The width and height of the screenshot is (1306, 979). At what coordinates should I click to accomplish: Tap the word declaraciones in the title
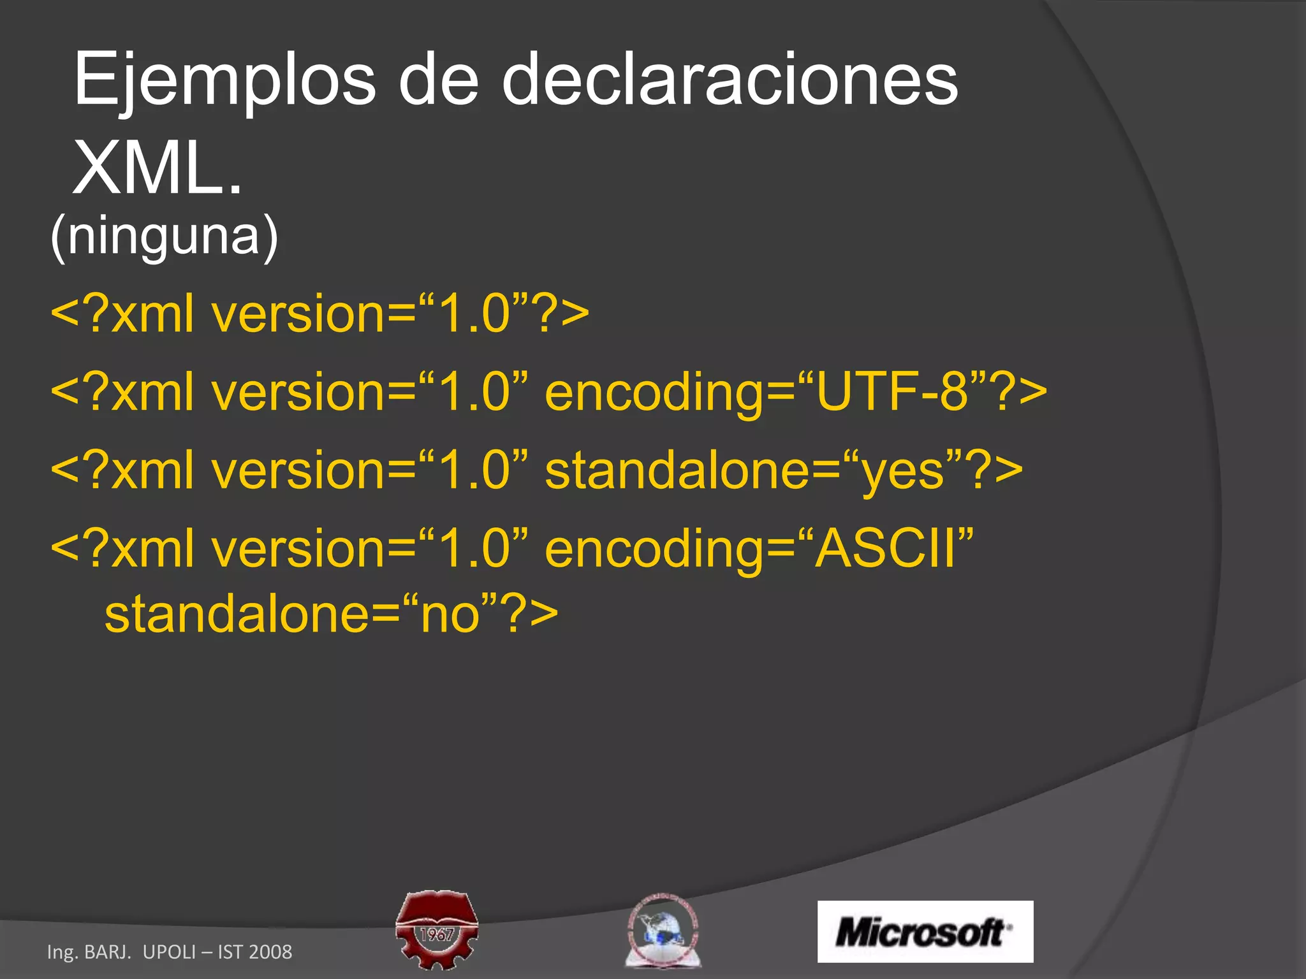730,80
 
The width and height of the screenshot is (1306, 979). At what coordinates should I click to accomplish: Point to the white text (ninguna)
164,236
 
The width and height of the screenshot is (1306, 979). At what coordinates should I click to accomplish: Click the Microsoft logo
925,932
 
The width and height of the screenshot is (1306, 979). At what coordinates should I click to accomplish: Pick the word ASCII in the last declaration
887,548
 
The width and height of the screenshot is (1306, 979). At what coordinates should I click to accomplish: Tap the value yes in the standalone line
902,470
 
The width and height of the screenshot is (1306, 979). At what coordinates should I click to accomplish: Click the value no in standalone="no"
450,614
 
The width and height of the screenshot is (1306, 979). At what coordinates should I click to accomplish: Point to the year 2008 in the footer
270,952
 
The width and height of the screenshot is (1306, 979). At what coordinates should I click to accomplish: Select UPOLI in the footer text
170,952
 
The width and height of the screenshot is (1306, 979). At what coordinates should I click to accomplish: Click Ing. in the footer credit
62,952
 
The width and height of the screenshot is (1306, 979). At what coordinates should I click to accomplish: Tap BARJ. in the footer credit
108,952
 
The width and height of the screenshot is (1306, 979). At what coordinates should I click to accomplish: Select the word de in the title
438,80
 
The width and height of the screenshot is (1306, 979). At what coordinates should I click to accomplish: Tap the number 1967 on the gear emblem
437,934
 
